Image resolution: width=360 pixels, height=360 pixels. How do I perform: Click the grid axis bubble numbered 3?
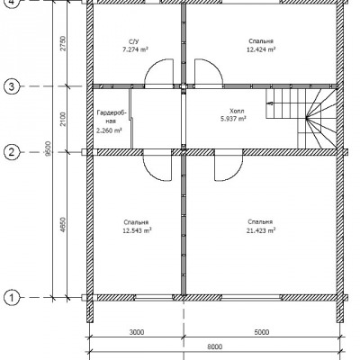point(12,87)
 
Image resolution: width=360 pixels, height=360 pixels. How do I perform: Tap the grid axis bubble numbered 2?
point(12,152)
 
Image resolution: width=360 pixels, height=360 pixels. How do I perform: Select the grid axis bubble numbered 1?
point(12,298)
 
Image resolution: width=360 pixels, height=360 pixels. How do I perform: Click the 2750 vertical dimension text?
point(63,43)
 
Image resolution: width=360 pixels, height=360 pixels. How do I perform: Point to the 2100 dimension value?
point(63,119)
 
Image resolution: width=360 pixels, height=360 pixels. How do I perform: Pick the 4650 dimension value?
point(63,225)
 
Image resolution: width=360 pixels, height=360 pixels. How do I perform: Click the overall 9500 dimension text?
point(49,148)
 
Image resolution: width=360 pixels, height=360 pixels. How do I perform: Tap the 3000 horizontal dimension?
point(137,332)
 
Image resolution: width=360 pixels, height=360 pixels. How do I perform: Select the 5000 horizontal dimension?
point(262,332)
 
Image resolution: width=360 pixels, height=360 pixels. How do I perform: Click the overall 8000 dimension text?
point(215,346)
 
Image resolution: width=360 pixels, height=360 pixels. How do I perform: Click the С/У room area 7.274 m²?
point(136,49)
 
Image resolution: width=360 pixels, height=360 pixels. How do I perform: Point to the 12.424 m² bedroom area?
point(261,49)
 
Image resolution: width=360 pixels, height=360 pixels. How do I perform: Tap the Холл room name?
point(237,111)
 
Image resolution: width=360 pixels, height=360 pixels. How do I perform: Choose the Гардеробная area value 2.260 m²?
point(109,130)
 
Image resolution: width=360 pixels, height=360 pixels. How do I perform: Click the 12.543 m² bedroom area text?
point(137,230)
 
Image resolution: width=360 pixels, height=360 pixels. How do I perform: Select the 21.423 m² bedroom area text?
point(261,230)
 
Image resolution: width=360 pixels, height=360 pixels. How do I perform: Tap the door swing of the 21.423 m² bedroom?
point(237,174)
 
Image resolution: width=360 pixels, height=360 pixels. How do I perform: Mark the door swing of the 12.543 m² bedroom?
point(150,174)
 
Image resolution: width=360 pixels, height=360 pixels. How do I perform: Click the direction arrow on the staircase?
point(270,103)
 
